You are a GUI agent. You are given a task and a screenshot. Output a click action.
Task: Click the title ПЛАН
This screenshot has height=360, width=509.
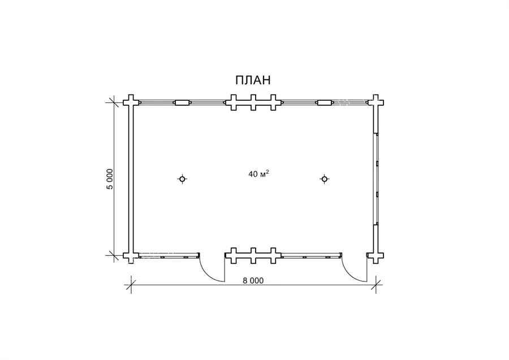tap(253, 80)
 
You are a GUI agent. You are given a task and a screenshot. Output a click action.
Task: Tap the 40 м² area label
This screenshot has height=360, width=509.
tap(258, 174)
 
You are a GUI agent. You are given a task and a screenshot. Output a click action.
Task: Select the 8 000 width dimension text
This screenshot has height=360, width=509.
tap(253, 280)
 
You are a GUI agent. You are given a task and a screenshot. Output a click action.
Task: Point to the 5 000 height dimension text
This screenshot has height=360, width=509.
tap(111, 179)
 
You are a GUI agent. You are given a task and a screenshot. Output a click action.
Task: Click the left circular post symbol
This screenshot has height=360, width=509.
tap(183, 179)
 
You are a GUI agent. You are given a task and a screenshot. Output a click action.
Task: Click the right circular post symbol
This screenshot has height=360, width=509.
tap(324, 179)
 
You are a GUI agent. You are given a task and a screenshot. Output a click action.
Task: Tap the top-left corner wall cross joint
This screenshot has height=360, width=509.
tap(131, 102)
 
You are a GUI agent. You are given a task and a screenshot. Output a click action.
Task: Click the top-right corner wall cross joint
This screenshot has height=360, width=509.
tap(376, 102)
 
